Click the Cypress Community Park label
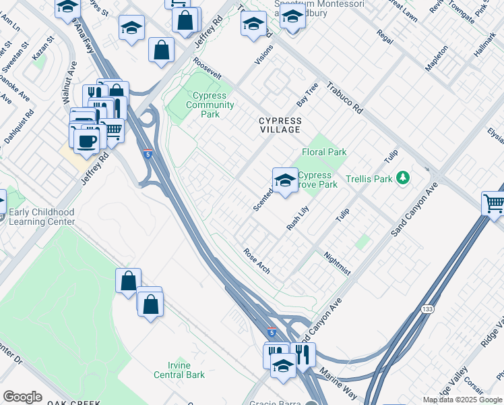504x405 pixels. pos(210,105)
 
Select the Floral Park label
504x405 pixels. pos(324,152)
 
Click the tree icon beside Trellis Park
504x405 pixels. pos(403,178)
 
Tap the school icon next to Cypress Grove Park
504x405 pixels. pos(286,180)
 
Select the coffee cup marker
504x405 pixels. pos(86,142)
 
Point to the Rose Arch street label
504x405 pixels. pos(257,261)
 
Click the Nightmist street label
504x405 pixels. pos(337,263)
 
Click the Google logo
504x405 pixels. pos(23,397)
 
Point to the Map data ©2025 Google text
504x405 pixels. pos(462,400)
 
